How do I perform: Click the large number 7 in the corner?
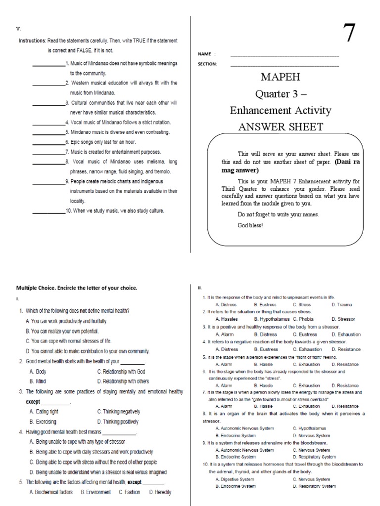(x=349, y=34)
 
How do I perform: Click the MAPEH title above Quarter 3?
(x=281, y=77)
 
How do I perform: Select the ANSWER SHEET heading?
(x=281, y=127)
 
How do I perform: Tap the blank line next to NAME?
(x=285, y=55)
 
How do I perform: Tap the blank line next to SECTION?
(x=285, y=65)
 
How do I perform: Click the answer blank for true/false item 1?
(x=48, y=64)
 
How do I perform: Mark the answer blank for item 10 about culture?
(x=48, y=211)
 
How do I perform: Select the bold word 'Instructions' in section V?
(x=32, y=41)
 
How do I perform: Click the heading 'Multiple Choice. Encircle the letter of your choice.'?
(x=77, y=288)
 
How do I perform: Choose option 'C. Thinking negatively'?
(x=119, y=411)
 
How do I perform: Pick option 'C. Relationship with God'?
(x=121, y=371)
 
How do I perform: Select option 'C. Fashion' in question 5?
(x=129, y=492)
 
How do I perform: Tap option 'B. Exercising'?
(x=43, y=422)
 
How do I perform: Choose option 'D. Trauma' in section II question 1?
(x=340, y=305)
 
